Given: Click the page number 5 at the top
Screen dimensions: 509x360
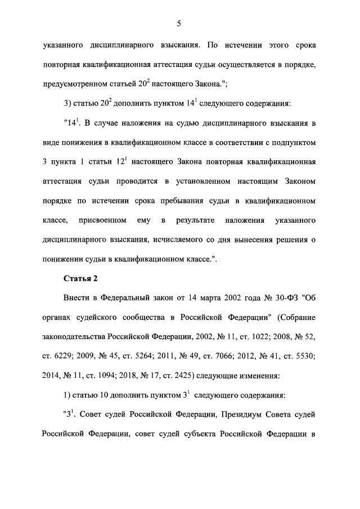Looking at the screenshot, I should tap(178, 23).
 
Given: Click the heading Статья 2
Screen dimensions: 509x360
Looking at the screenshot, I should tap(81, 278).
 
